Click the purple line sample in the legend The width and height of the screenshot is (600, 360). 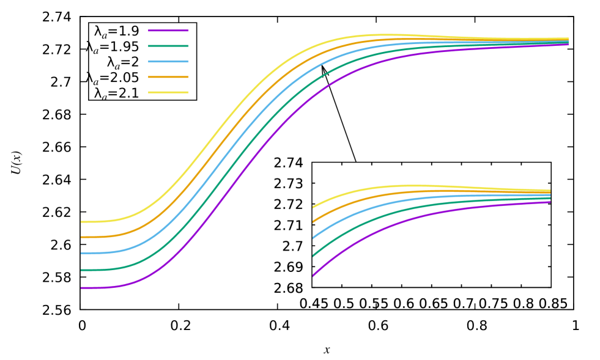click(168, 30)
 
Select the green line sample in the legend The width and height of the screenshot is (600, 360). click(168, 46)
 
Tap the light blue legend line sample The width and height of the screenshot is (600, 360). click(168, 62)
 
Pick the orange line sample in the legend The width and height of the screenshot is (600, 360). click(168, 77)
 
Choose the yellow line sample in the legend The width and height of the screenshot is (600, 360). click(168, 92)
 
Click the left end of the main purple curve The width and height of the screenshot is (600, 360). click(82, 287)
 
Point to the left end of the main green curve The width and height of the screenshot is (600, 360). click(82, 270)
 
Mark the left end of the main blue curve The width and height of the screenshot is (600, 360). click(82, 252)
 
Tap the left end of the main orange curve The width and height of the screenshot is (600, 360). click(82, 237)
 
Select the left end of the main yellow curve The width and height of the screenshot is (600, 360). click(82, 221)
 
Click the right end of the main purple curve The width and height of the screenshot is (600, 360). click(568, 45)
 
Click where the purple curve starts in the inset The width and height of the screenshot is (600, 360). click(313, 276)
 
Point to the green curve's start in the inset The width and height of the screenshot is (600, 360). click(313, 257)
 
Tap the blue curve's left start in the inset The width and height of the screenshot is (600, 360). click(313, 238)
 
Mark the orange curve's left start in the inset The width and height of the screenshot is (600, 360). click(313, 222)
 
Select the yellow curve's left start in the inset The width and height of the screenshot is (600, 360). click(313, 207)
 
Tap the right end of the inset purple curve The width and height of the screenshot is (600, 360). click(550, 202)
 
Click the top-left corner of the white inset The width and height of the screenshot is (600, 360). click(312, 163)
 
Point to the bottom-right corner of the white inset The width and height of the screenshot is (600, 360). click(550, 287)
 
